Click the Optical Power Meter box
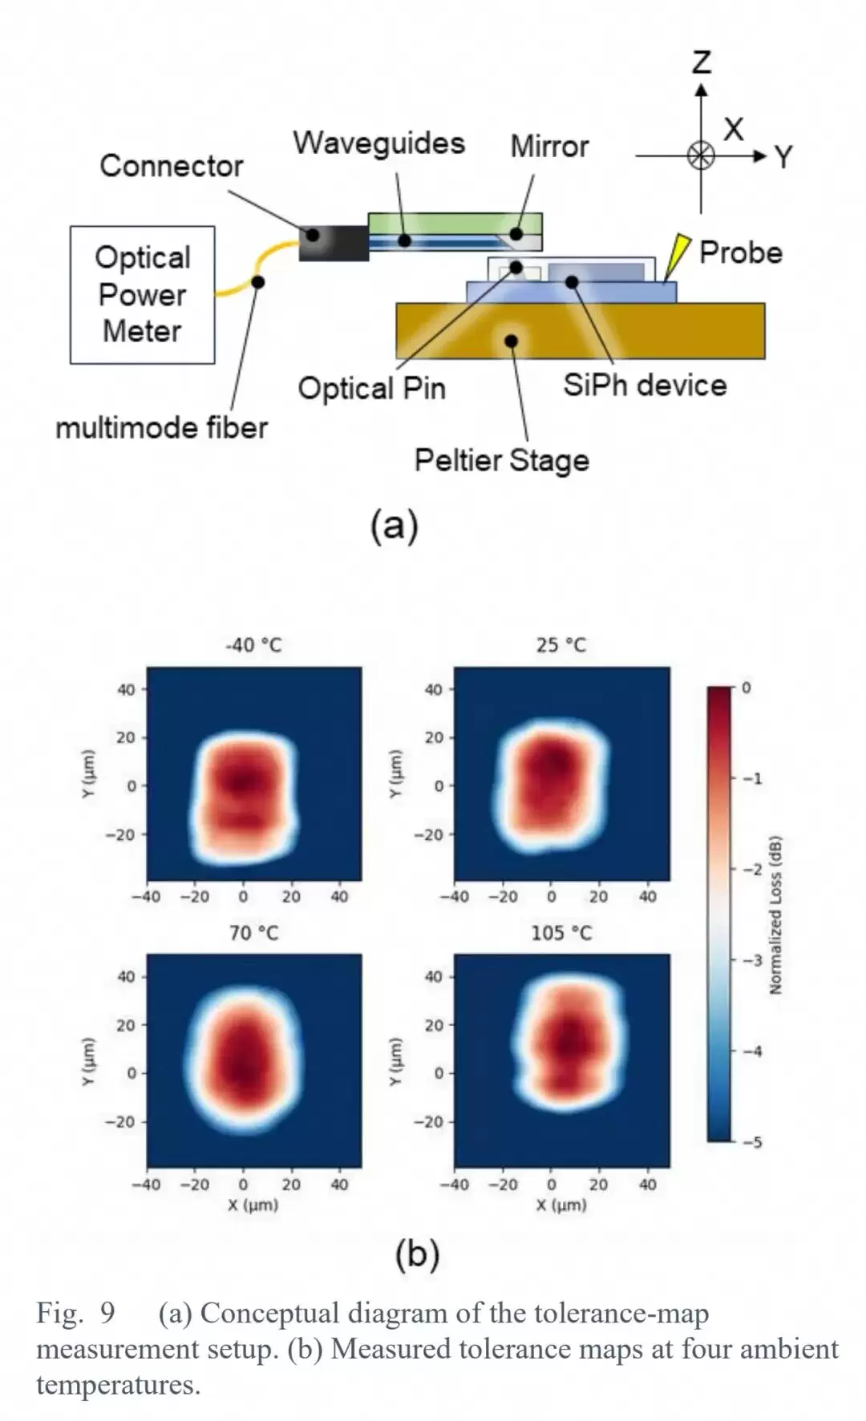click(143, 295)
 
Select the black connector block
click(334, 242)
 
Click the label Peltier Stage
click(502, 461)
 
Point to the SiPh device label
click(645, 386)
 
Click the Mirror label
click(550, 147)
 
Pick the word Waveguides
click(378, 143)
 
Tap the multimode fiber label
click(161, 428)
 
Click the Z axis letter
click(702, 62)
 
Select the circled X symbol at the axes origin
click(702, 155)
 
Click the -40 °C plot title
click(253, 645)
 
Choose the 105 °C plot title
click(561, 933)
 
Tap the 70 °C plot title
click(254, 933)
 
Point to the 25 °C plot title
click(561, 645)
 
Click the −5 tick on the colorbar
click(751, 1142)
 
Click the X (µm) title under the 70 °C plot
click(253, 1205)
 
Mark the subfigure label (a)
click(395, 527)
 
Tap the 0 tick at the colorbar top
click(747, 688)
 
